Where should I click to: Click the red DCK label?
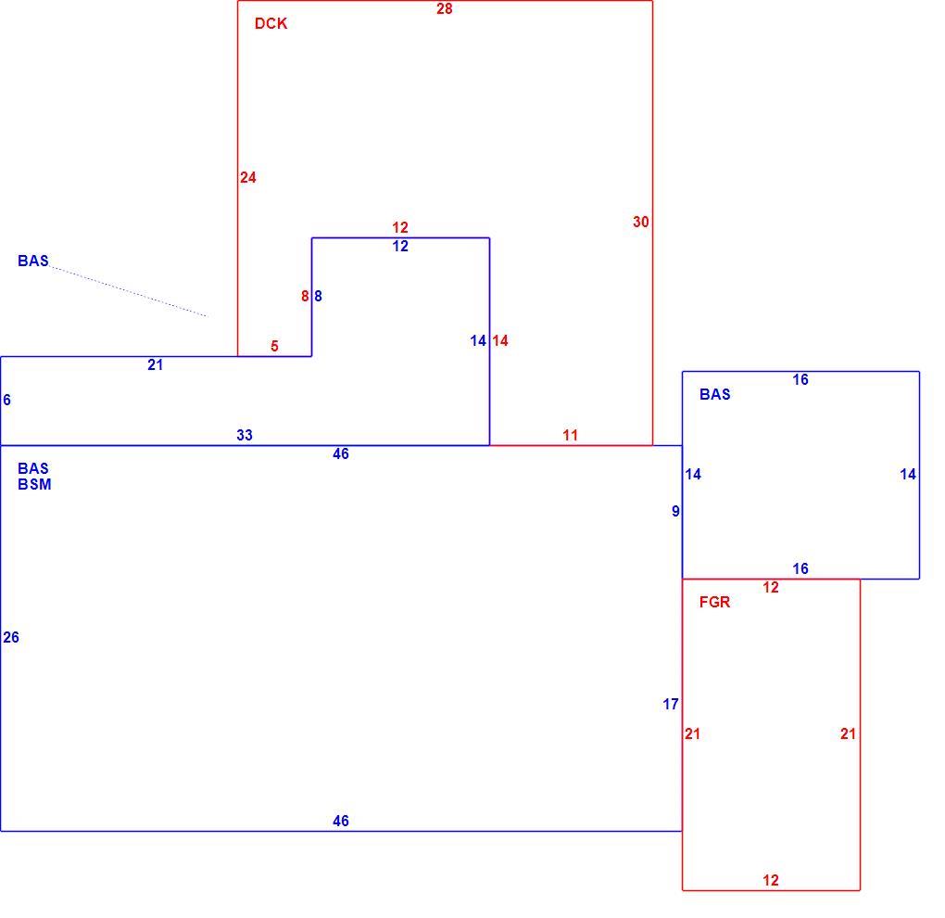271,23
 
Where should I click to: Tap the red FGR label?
714,602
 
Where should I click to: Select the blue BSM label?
34,484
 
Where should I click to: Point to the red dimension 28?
444,9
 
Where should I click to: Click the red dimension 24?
247,177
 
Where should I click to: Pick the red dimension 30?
640,222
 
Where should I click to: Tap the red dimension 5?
274,346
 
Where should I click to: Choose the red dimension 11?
570,435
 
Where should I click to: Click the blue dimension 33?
244,435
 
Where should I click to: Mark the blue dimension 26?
11,637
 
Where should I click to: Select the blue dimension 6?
6,400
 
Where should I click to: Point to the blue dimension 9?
675,512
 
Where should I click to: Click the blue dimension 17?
670,704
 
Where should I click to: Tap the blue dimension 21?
155,364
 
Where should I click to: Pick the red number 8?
305,296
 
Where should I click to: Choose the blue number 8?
318,296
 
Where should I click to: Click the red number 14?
499,341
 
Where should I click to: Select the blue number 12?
400,246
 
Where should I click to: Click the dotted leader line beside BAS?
129,291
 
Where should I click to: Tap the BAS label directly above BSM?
33,468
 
